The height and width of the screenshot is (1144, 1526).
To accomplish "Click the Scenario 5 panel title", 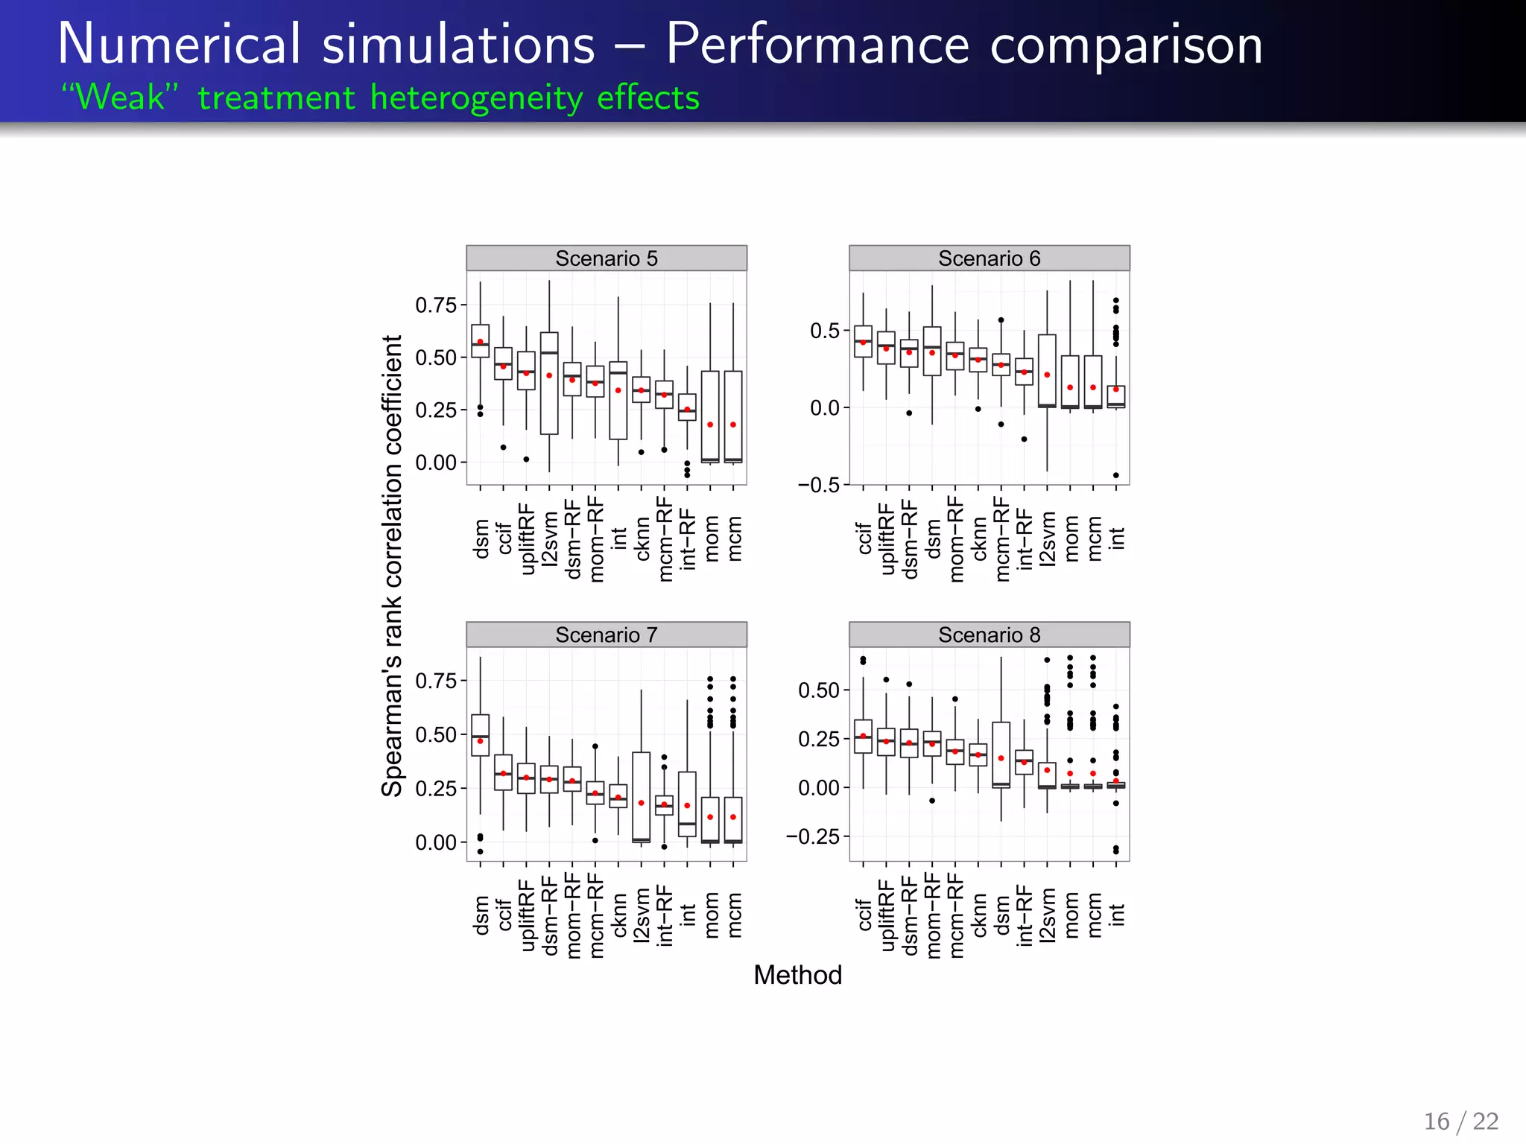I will [x=606, y=258].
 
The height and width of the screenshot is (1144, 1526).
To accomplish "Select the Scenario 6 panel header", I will [x=989, y=258].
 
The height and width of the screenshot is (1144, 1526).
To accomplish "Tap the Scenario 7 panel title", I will [x=606, y=635].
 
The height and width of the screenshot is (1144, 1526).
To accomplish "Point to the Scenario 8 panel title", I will [x=989, y=635].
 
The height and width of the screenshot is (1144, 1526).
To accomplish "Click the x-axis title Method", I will [x=797, y=975].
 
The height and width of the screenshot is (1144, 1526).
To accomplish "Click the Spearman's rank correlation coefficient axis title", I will [x=392, y=566].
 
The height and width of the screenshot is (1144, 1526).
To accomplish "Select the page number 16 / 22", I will [x=1460, y=1121].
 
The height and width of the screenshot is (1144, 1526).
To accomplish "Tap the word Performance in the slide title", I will [x=817, y=45].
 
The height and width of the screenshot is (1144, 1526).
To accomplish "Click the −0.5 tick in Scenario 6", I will [x=818, y=485].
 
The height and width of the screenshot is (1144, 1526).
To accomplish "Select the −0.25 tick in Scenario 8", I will [x=812, y=836].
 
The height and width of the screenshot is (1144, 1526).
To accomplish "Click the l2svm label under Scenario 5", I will [x=550, y=540].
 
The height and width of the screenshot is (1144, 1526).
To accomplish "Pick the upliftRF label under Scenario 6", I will [x=886, y=538].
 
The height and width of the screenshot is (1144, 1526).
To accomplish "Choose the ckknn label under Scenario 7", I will [x=618, y=915].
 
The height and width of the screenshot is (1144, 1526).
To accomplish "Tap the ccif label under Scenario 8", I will [x=864, y=915].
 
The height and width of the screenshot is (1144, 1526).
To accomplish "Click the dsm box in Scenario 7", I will [x=481, y=735].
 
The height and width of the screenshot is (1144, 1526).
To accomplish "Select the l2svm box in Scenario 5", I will [x=549, y=384].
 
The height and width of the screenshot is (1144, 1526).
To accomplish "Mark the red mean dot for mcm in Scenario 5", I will [x=733, y=425].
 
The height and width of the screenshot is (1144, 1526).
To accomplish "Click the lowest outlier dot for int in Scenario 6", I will [x=1115, y=475].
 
